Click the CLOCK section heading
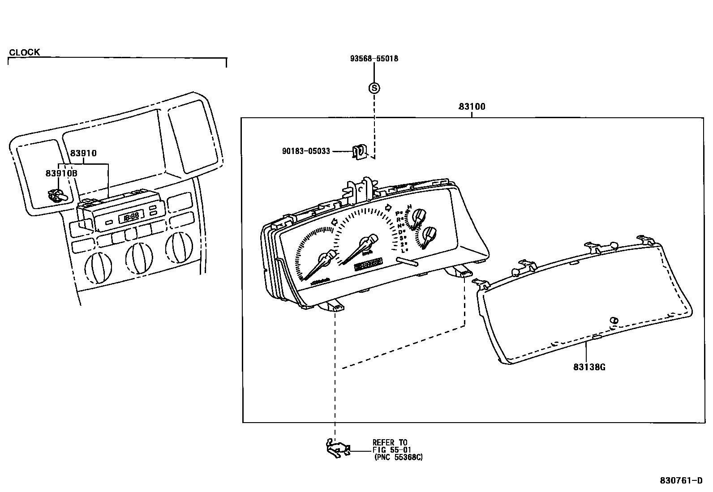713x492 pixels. point(25,52)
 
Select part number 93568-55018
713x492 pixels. point(374,59)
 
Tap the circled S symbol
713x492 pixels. point(374,88)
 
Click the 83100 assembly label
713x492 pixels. point(472,107)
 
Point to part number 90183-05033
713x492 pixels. point(306,151)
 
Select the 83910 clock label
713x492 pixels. point(83,153)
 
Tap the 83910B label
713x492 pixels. point(61,173)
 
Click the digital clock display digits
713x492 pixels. point(131,218)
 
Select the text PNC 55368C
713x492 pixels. point(398,457)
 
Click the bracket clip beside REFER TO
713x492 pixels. point(337,448)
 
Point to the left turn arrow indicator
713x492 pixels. point(334,222)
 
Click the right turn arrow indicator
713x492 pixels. point(389,207)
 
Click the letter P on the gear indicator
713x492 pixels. point(399,214)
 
